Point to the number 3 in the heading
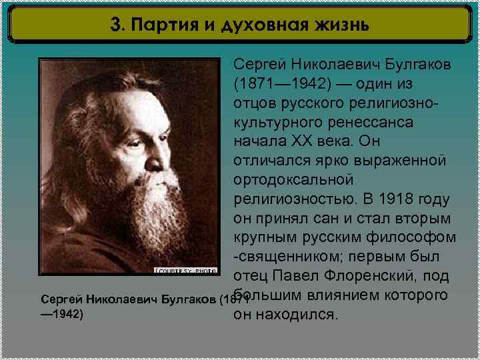click(117, 25)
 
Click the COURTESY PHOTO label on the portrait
click(186, 270)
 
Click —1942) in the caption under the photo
click(62, 312)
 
